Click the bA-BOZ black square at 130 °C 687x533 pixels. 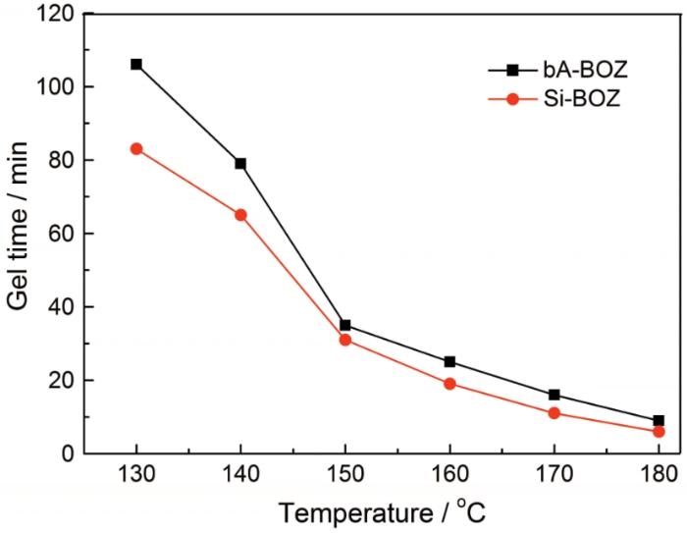click(x=136, y=64)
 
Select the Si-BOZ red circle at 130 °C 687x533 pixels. click(x=136, y=148)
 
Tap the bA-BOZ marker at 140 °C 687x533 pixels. click(x=240, y=163)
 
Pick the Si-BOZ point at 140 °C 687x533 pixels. click(x=240, y=214)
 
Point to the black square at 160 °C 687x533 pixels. click(x=449, y=361)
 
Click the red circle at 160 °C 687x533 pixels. click(x=449, y=384)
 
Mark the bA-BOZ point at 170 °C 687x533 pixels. click(x=555, y=395)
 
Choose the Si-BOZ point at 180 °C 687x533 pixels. click(x=659, y=431)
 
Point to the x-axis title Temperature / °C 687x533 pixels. click(x=381, y=510)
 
